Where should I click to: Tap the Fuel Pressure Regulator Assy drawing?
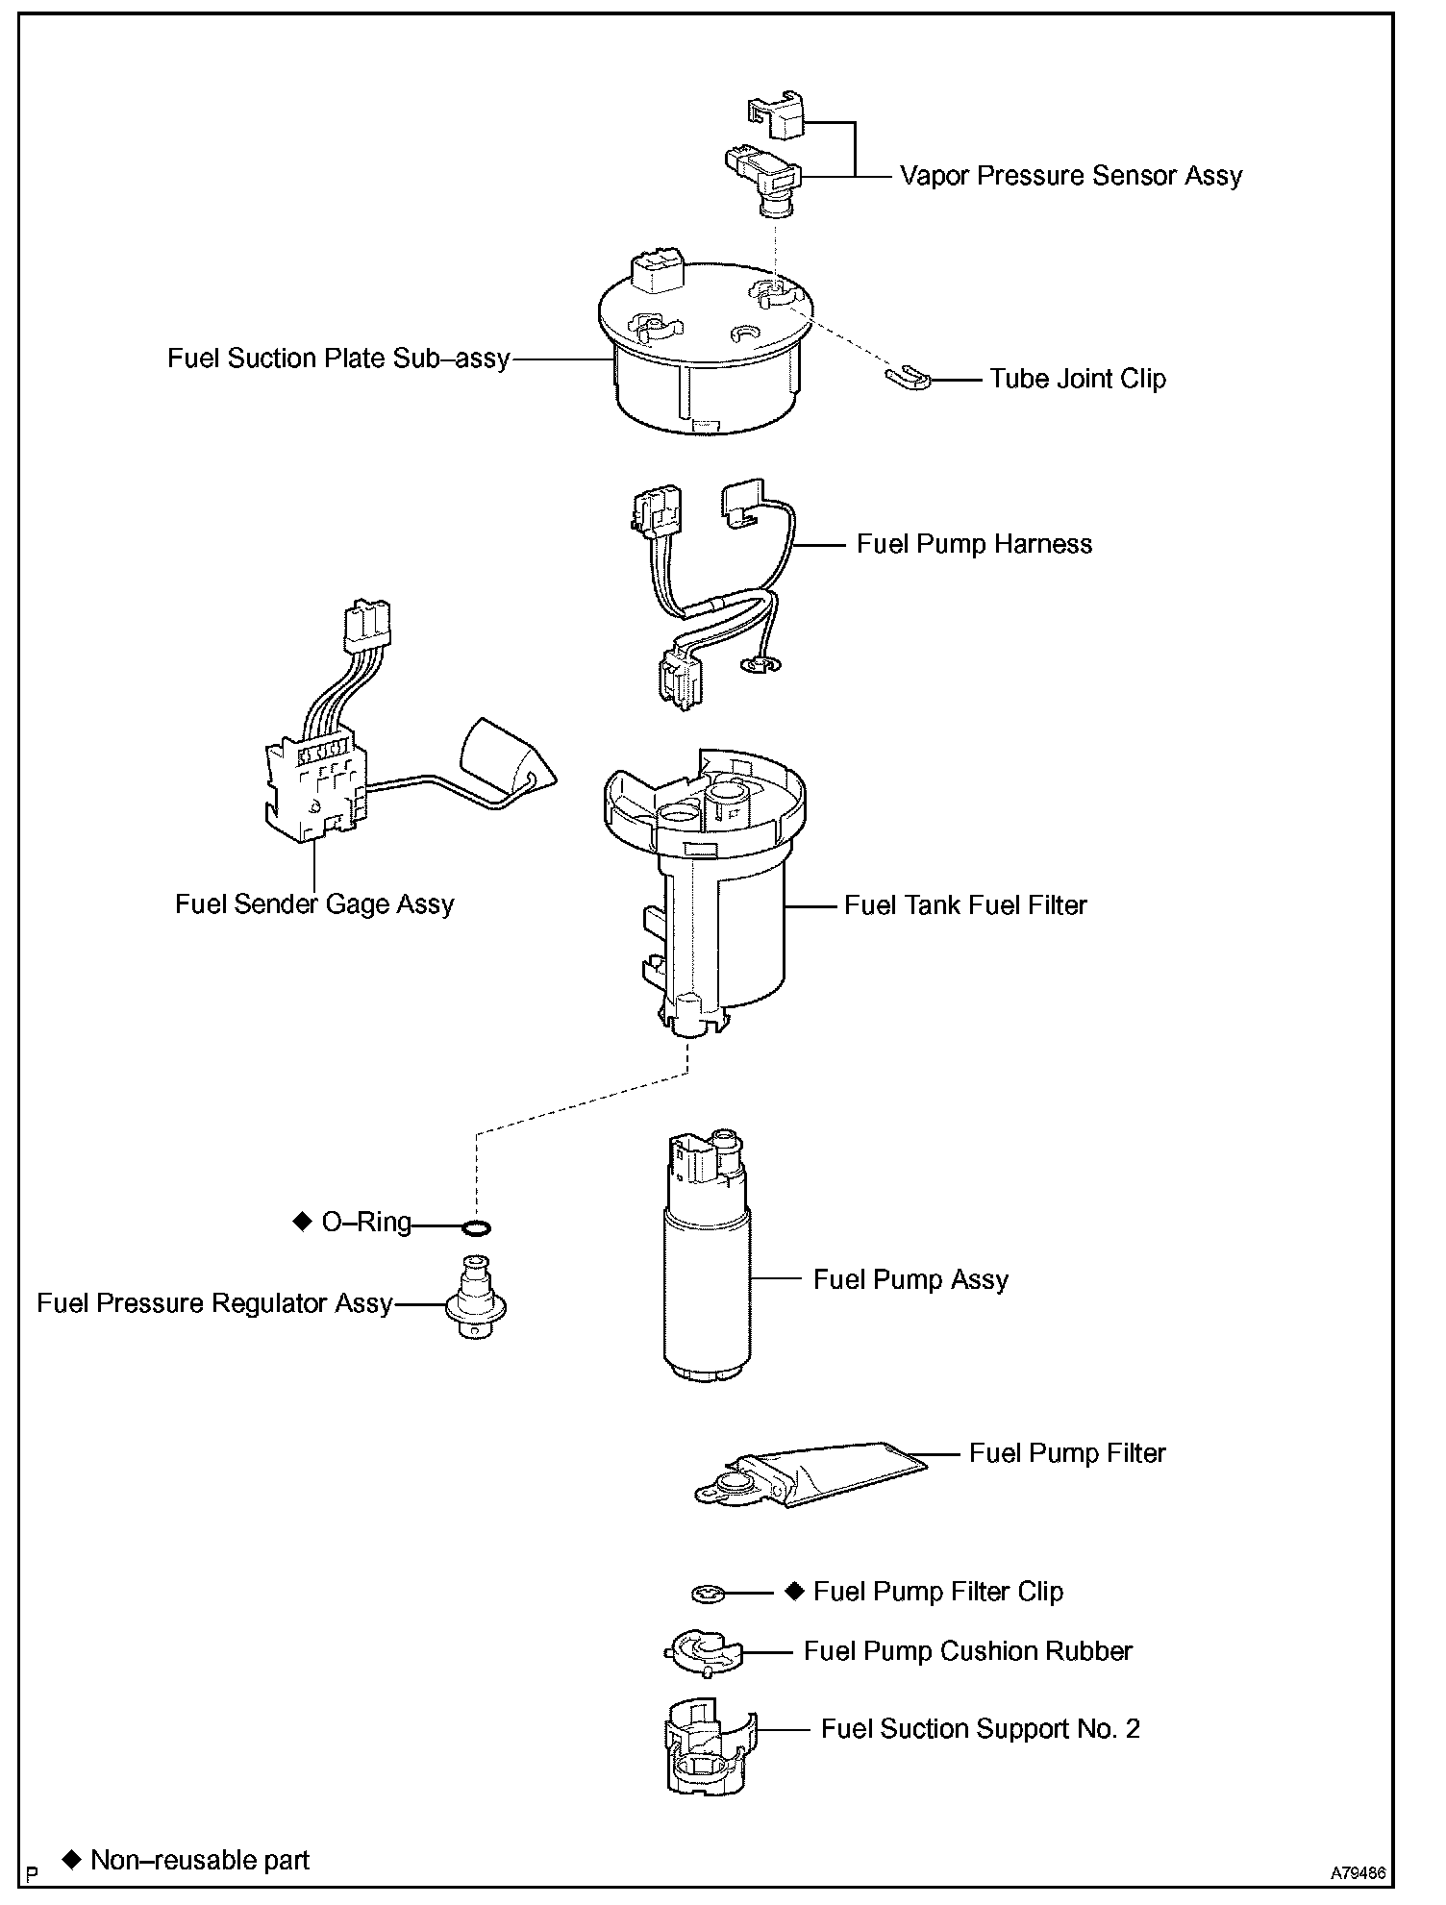pyautogui.click(x=476, y=1299)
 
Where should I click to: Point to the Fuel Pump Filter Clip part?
pyautogui.click(x=707, y=1594)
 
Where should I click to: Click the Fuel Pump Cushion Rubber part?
pyautogui.click(x=704, y=1652)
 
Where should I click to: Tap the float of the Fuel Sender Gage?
pyautogui.click(x=506, y=760)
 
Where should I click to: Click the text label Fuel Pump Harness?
pyautogui.click(x=974, y=544)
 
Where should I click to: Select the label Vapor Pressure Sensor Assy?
pyautogui.click(x=1070, y=176)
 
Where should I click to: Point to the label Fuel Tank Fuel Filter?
pyautogui.click(x=965, y=905)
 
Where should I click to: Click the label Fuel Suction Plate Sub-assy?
pyautogui.click(x=338, y=359)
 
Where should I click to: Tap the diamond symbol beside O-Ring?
pyautogui.click(x=302, y=1222)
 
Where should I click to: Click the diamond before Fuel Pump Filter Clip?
pyautogui.click(x=794, y=1590)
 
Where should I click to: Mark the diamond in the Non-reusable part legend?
pyautogui.click(x=70, y=1859)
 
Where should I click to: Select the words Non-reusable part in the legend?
pyautogui.click(x=200, y=1861)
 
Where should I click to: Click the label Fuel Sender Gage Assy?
pyautogui.click(x=314, y=904)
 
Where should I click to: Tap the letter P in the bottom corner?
pyautogui.click(x=34, y=1873)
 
